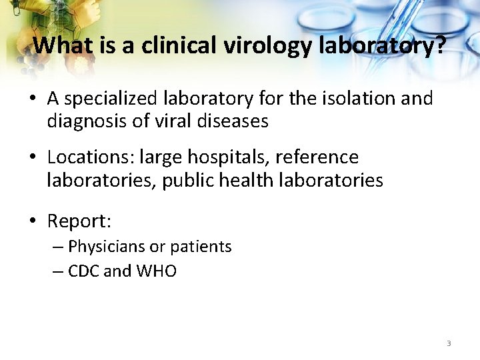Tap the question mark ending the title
tap(438, 45)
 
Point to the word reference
tap(317, 157)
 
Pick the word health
tap(237, 180)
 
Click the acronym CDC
tap(85, 271)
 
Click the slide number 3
tap(449, 343)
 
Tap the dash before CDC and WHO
tap(59, 271)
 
